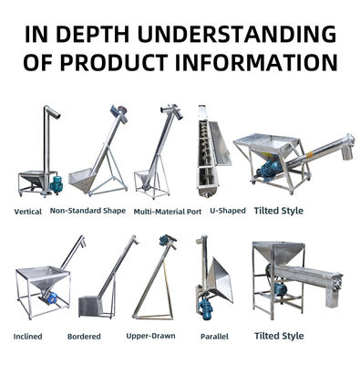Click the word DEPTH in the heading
93,34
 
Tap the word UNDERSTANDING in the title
237,34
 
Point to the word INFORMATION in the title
257,62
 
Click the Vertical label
28,212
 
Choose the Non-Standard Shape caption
87,211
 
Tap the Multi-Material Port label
168,212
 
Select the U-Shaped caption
228,211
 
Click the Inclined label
28,337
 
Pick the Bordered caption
84,337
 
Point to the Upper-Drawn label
150,336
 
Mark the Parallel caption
214,337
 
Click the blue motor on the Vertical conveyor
57,184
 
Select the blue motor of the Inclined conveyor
50,297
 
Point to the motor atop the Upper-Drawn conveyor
166,240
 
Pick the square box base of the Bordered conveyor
89,307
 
